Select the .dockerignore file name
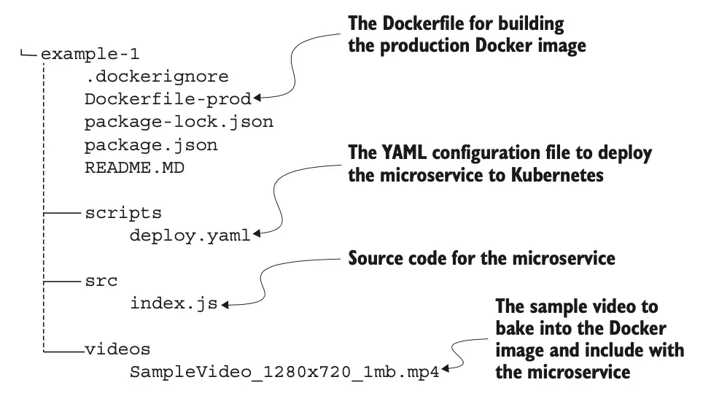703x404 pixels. tap(156, 77)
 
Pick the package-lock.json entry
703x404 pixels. tap(179, 122)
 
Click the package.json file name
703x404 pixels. tap(151, 144)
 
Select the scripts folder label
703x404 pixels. tap(123, 213)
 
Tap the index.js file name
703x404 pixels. tap(174, 303)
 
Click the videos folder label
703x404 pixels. tap(117, 349)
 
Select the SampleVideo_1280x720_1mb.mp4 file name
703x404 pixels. tap(285, 372)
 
